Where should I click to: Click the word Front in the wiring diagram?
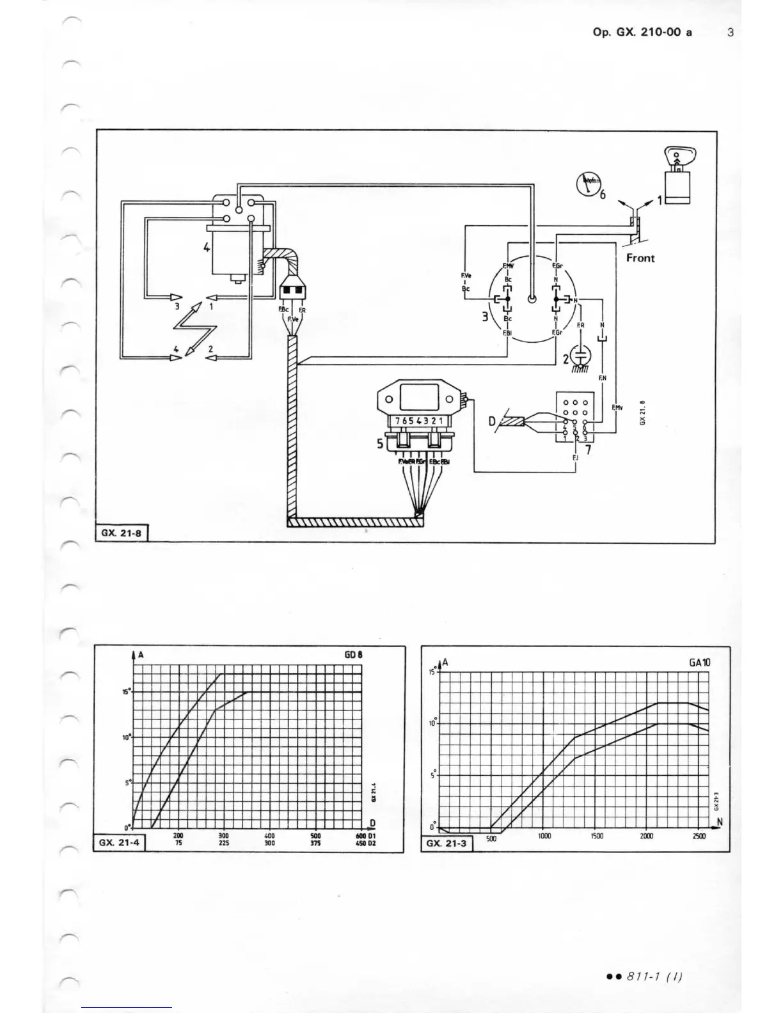pyautogui.click(x=640, y=258)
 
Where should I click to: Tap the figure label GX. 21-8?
pyautogui.click(x=121, y=532)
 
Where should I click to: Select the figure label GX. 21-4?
pyautogui.click(x=120, y=843)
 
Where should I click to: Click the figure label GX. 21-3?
pyautogui.click(x=447, y=844)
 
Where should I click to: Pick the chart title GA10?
pyautogui.click(x=700, y=663)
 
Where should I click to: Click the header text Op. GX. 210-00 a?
pyautogui.click(x=642, y=32)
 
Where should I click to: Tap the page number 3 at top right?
pyautogui.click(x=731, y=32)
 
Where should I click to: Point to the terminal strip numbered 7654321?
pyautogui.click(x=423, y=420)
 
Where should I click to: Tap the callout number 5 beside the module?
pyautogui.click(x=380, y=443)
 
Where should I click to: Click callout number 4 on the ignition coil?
pyautogui.click(x=207, y=247)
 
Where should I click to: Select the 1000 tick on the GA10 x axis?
pyautogui.click(x=544, y=836)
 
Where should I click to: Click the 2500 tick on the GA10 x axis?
pyautogui.click(x=699, y=836)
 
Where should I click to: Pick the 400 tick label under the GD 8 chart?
pyautogui.click(x=269, y=836)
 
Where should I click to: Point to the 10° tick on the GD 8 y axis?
pyautogui.click(x=126, y=737)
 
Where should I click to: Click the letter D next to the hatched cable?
pyautogui.click(x=492, y=421)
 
